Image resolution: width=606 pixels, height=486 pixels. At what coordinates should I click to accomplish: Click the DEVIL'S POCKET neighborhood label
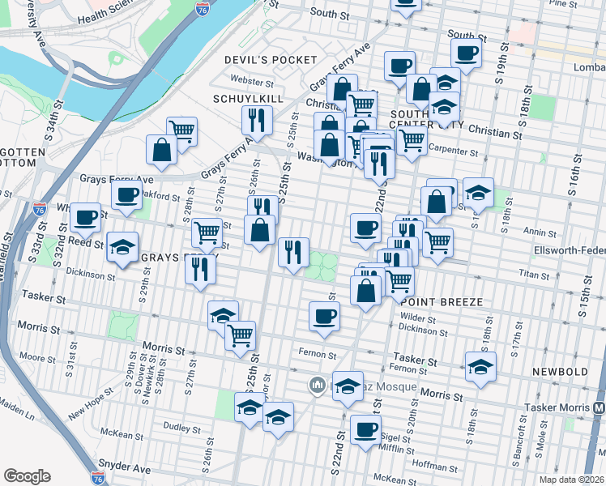271,60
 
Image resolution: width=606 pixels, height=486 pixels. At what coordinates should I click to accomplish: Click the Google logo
27,476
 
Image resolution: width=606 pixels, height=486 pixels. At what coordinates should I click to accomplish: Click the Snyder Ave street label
125,467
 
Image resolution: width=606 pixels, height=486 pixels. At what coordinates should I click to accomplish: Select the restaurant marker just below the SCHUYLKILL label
257,120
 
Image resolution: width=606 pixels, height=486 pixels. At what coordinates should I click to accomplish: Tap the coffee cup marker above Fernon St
324,315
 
